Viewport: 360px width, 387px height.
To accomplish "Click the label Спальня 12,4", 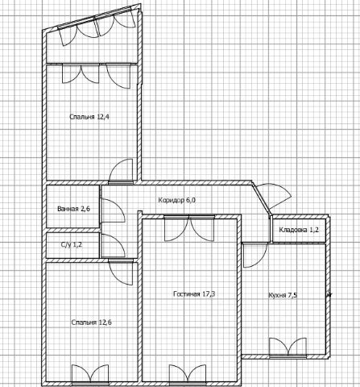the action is [x=89, y=117].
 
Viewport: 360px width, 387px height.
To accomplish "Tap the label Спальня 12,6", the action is [x=92, y=322].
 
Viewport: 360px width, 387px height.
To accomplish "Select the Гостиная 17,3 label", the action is [x=194, y=294].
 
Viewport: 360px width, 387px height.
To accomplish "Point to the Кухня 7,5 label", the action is [x=283, y=295].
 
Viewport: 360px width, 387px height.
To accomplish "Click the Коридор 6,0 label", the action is [x=177, y=200].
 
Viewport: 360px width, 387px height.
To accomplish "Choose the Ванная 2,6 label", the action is [x=73, y=209].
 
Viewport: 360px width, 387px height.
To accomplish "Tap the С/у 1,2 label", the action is [x=72, y=245].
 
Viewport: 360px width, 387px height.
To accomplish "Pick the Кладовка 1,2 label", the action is [x=299, y=230].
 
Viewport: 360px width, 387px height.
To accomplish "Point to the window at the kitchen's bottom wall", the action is [x=288, y=347].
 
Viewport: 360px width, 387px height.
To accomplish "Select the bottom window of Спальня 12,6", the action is [x=90, y=372].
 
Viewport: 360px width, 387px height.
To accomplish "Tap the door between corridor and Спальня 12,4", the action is [x=121, y=171].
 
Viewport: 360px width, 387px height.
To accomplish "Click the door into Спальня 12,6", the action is [x=121, y=273].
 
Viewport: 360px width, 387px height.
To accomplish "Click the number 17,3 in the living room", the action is [x=209, y=294].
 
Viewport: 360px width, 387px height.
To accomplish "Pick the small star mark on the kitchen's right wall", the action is [x=329, y=295].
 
